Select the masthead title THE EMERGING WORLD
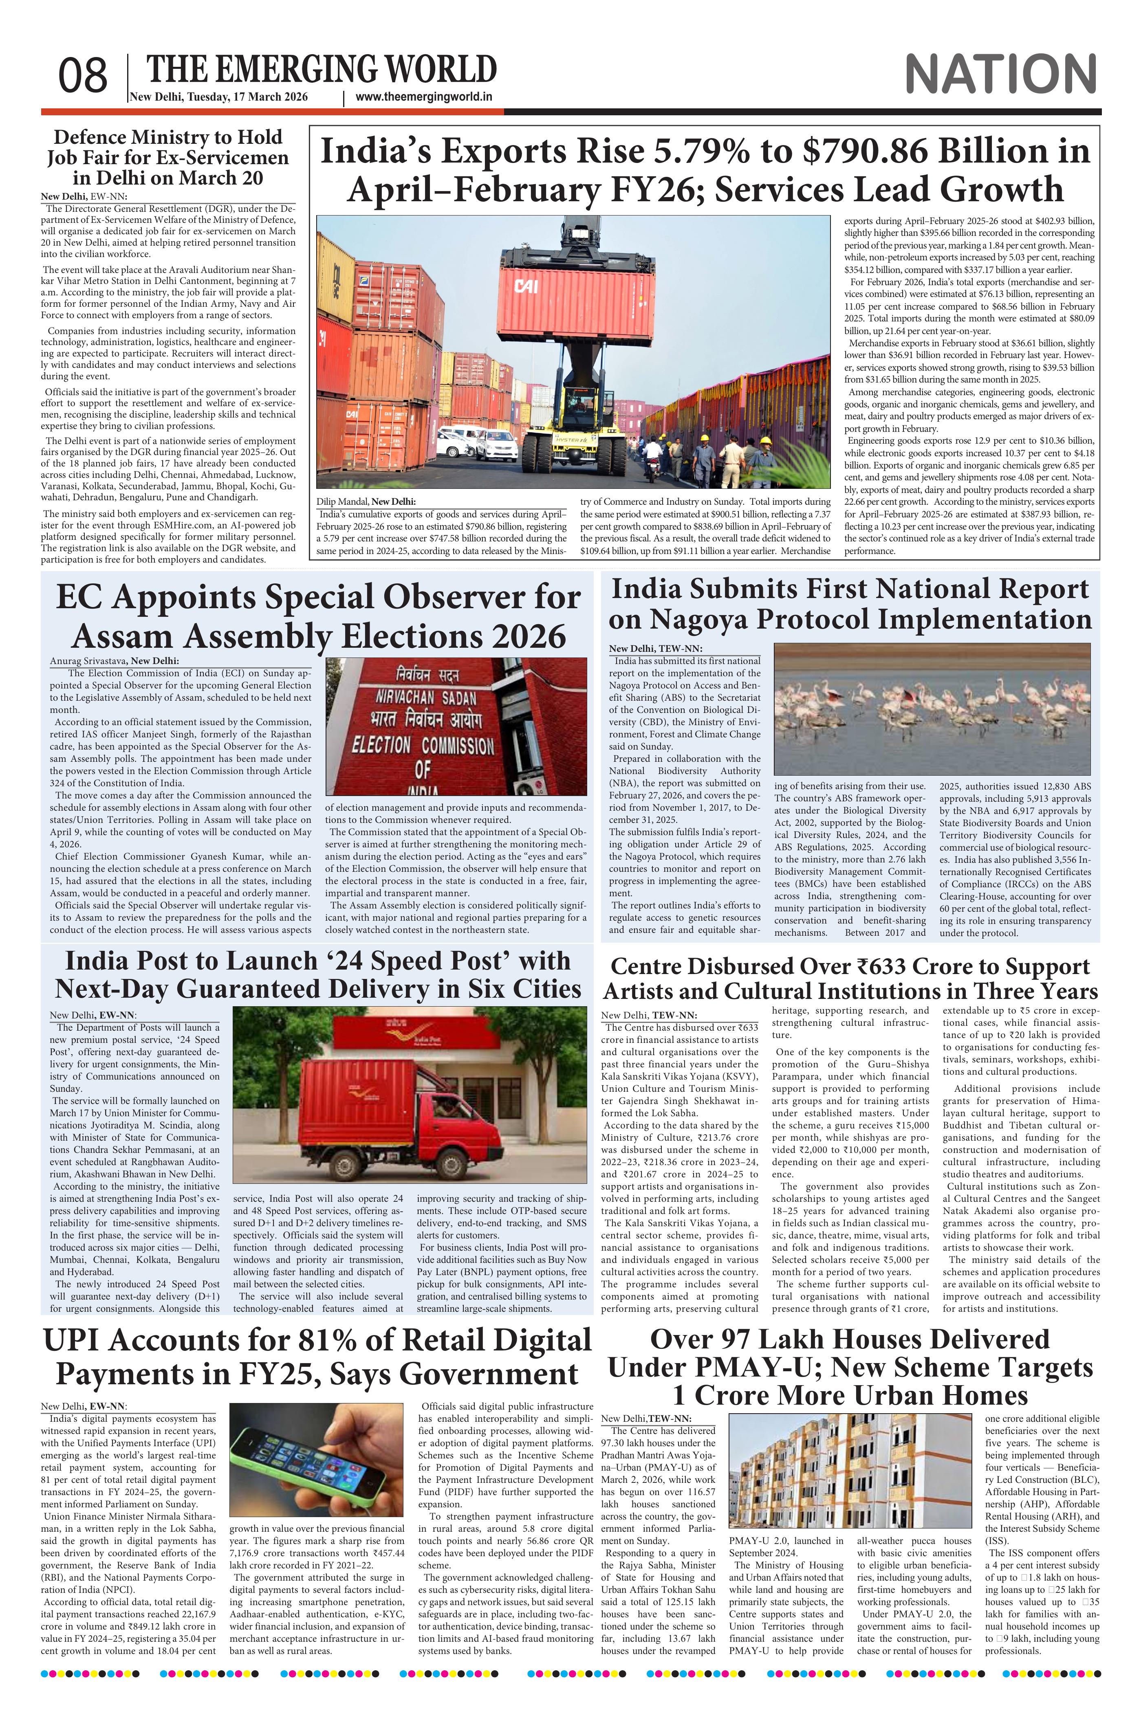(322, 70)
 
